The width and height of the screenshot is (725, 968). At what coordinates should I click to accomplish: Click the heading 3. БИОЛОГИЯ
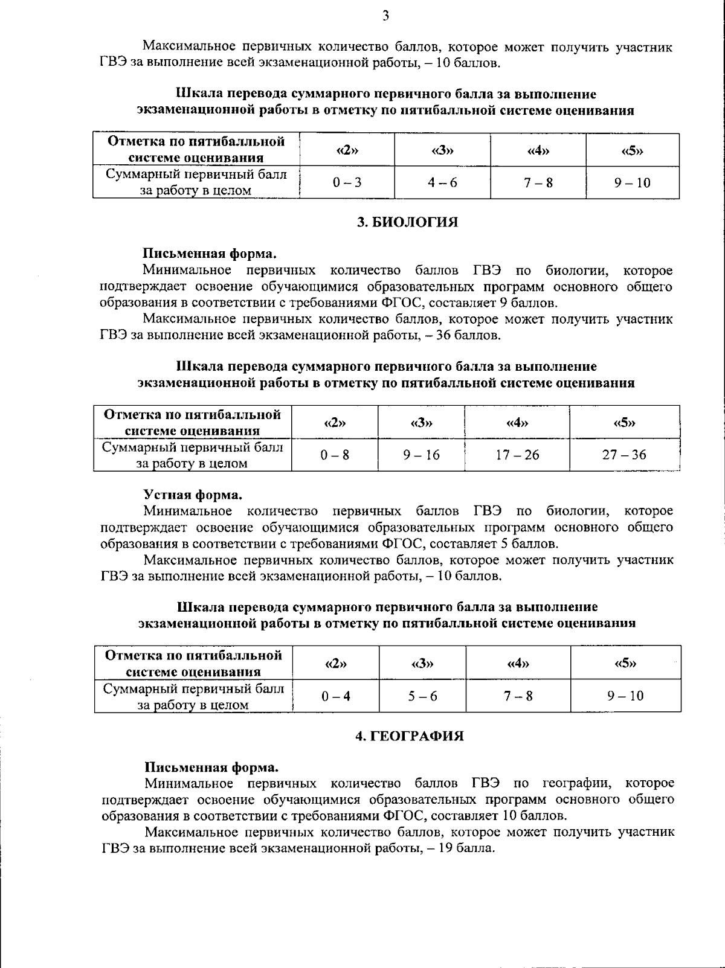pyautogui.click(x=407, y=222)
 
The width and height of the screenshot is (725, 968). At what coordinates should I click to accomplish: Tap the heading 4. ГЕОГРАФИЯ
pyautogui.click(x=409, y=736)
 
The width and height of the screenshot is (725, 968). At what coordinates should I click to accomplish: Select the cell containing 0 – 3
pyautogui.click(x=347, y=182)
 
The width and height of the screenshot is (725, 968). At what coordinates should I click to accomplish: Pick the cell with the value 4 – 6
pyautogui.click(x=442, y=182)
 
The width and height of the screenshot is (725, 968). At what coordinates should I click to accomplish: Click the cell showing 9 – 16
pyautogui.click(x=421, y=455)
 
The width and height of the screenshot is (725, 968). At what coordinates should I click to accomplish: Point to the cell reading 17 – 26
pyautogui.click(x=517, y=455)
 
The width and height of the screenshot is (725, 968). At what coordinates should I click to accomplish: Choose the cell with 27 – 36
pyautogui.click(x=624, y=455)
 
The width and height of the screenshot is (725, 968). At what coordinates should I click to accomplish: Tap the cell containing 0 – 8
pyautogui.click(x=335, y=455)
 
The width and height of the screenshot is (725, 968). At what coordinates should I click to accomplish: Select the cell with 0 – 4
pyautogui.click(x=336, y=696)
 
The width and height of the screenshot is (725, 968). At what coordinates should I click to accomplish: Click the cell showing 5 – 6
pyautogui.click(x=422, y=696)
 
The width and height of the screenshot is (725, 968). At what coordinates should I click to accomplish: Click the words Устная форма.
pyautogui.click(x=193, y=495)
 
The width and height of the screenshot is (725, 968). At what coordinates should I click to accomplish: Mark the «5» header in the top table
pyautogui.click(x=632, y=150)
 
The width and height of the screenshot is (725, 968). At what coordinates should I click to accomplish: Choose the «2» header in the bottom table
pyautogui.click(x=336, y=663)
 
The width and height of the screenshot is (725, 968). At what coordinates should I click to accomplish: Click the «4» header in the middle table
pyautogui.click(x=517, y=422)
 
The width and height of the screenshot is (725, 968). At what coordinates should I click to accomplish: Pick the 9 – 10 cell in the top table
pyautogui.click(x=632, y=182)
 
